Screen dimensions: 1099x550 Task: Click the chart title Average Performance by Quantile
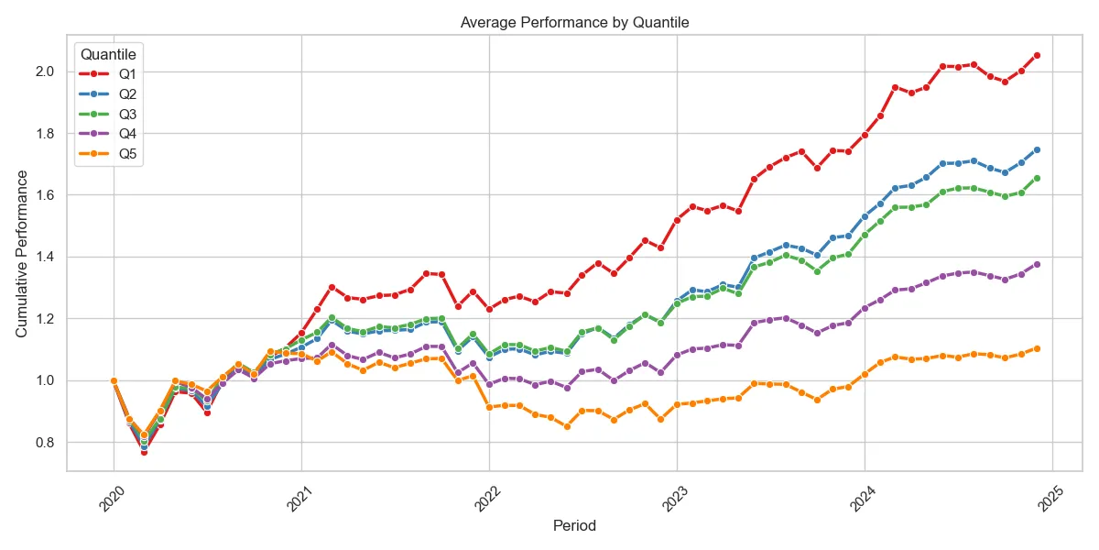click(574, 23)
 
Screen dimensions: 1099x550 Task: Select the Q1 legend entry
click(108, 74)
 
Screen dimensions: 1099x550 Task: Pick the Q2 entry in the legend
click(108, 94)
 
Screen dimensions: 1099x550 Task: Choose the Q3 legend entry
click(108, 115)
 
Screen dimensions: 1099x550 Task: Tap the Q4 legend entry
click(108, 134)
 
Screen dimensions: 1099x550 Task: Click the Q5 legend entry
click(108, 154)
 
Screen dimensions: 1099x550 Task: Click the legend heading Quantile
click(108, 54)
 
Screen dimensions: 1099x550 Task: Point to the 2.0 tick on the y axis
click(45, 71)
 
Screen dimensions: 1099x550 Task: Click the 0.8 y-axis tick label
click(45, 443)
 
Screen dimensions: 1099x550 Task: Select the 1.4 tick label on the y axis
click(45, 257)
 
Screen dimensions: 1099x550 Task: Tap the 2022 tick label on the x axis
click(487, 499)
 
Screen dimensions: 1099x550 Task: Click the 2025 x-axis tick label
click(1050, 499)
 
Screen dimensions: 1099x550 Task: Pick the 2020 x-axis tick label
click(112, 499)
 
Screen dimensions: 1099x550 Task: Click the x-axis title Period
click(574, 525)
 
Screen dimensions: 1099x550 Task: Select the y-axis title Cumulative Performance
click(21, 254)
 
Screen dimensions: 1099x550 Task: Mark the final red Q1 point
click(1037, 56)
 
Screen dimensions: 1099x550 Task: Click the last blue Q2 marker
click(1037, 149)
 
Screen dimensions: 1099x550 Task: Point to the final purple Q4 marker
click(1037, 264)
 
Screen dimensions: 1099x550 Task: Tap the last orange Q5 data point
click(1037, 348)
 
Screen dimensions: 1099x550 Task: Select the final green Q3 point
click(1037, 178)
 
